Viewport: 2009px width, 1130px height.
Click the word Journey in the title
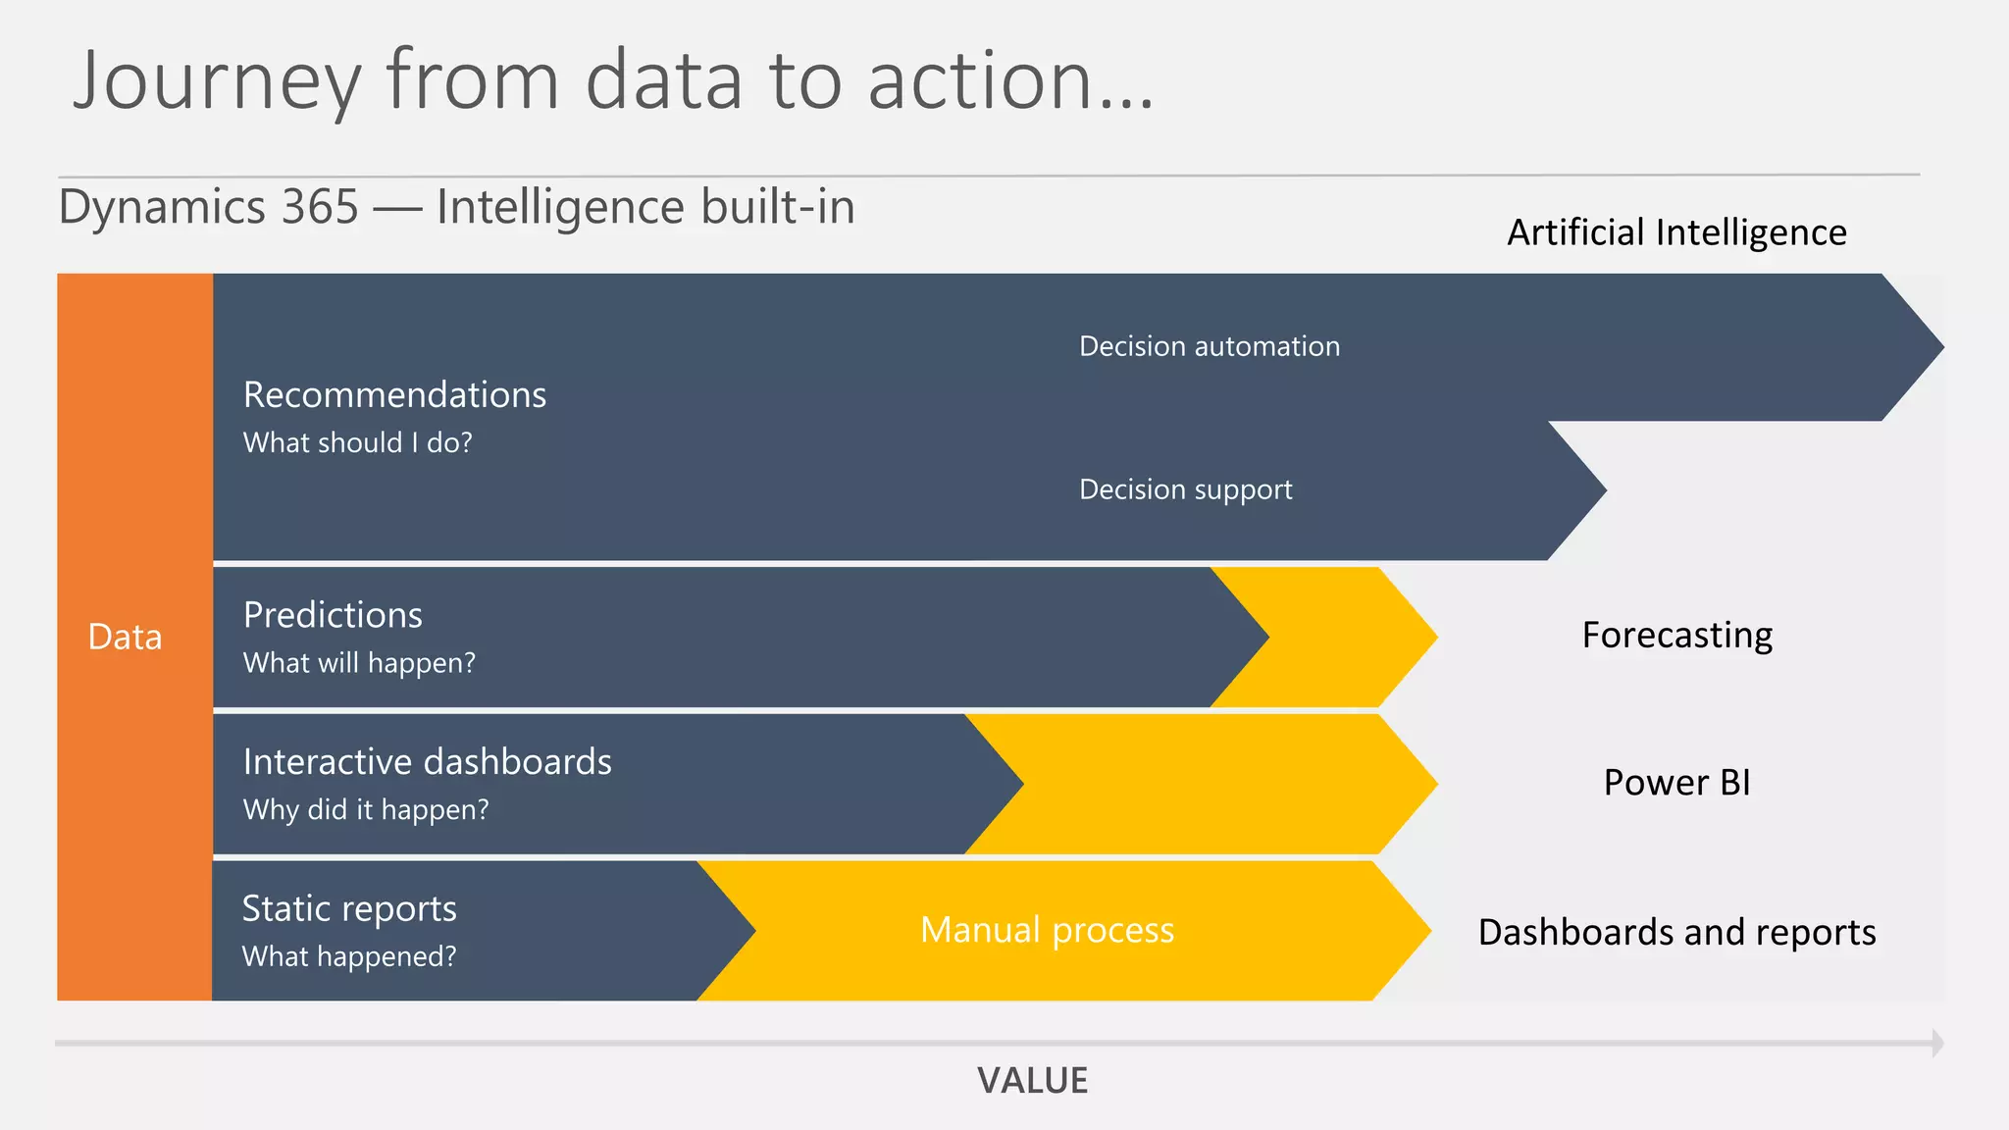coord(217,82)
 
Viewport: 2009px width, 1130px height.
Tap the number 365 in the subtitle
coord(319,207)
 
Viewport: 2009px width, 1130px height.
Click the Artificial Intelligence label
coord(1676,232)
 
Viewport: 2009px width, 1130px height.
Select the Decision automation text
coord(1209,346)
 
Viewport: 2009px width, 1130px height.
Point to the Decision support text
coord(1185,489)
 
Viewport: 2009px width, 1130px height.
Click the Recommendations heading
coord(394,394)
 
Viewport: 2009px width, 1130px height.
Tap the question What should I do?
coord(357,442)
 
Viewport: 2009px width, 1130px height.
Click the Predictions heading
coord(333,615)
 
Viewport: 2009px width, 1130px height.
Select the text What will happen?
coord(359,663)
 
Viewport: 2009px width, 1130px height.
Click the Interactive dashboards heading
coord(427,762)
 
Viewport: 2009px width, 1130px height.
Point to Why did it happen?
coord(365,809)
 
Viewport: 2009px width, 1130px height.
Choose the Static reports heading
coord(349,908)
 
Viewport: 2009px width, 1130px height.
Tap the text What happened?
coord(349,956)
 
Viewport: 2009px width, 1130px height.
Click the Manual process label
coord(1047,930)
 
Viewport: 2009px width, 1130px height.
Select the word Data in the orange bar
coord(125,638)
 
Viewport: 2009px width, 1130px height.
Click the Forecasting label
coord(1676,636)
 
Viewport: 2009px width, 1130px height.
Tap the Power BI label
coord(1676,783)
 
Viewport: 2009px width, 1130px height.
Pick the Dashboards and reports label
coord(1676,932)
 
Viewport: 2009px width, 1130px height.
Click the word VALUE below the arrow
coord(1032,1081)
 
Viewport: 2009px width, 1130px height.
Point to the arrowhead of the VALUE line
coord(1937,1043)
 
